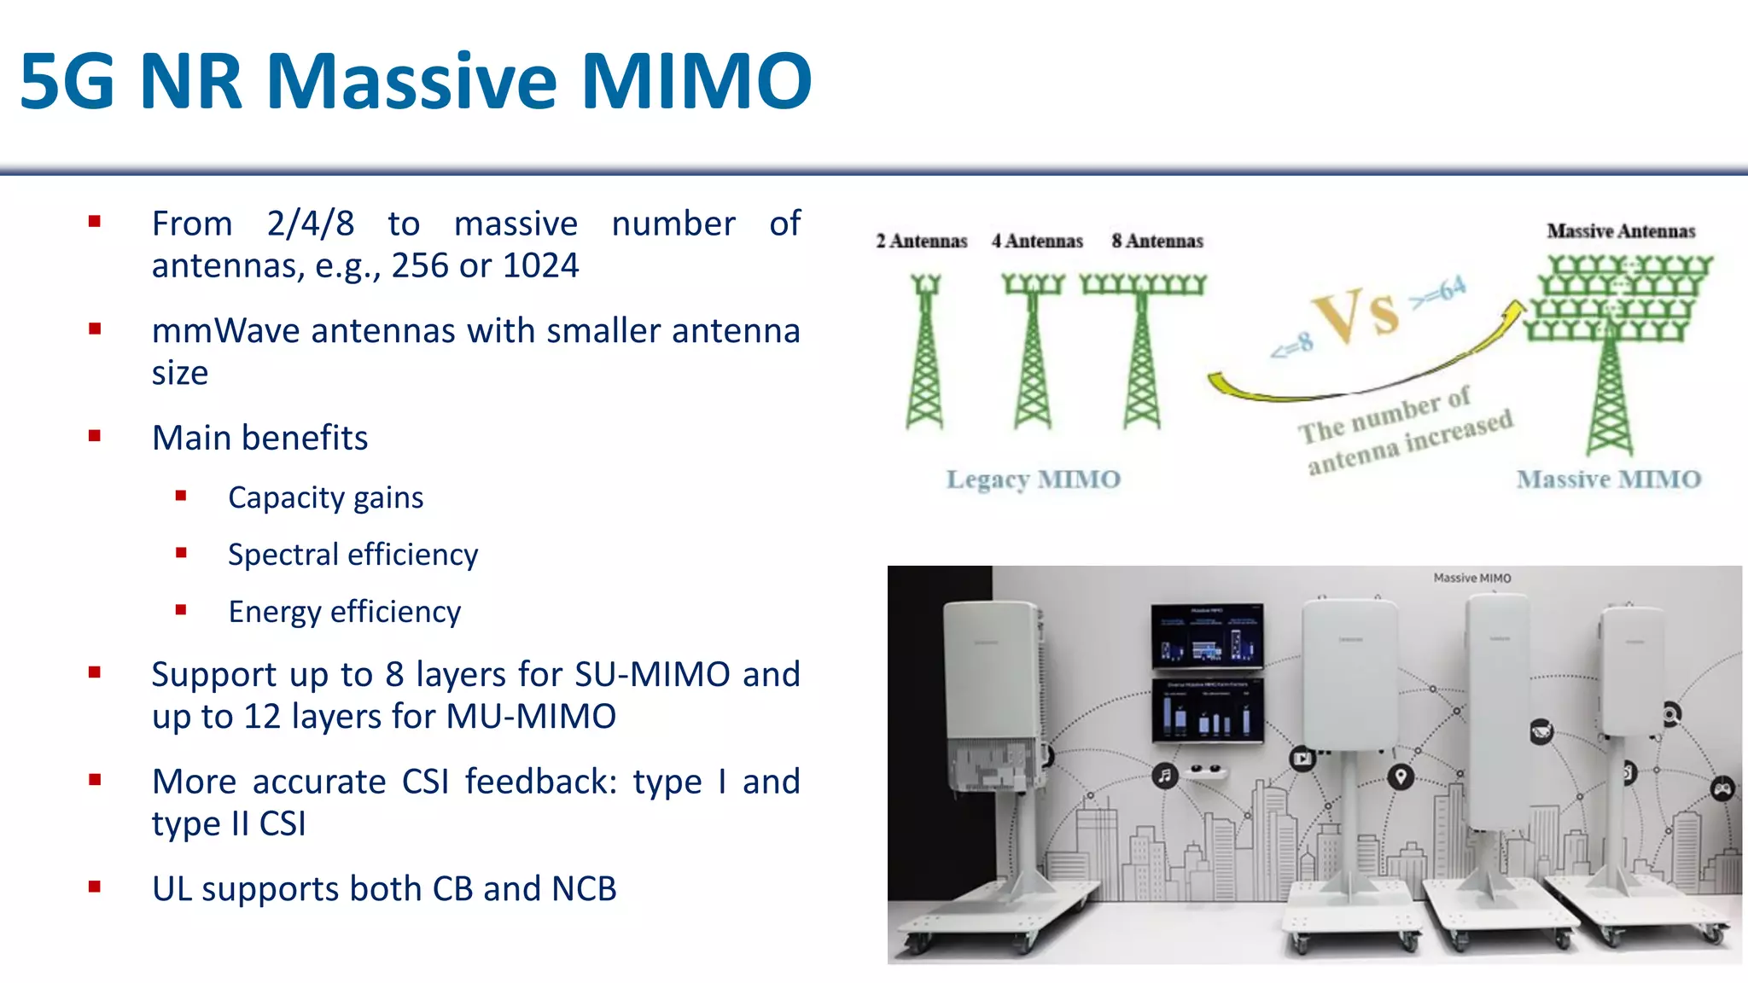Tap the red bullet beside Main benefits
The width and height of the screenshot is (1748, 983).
[x=95, y=436]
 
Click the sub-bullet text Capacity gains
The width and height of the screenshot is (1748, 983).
[x=325, y=497]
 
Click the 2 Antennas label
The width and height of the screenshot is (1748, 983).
[x=921, y=241]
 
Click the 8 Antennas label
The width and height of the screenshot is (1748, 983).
[x=1157, y=241]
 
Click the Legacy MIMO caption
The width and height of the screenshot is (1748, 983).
[x=1033, y=480]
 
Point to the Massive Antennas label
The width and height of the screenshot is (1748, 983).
[x=1620, y=231]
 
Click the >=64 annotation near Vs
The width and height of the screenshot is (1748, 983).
[x=1439, y=293]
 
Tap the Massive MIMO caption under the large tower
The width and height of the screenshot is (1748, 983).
[x=1608, y=480]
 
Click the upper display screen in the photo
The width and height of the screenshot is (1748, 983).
[x=1206, y=636]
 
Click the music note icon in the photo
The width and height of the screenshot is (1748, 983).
[x=1164, y=776]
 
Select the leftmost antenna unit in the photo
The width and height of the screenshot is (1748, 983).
[x=993, y=695]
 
